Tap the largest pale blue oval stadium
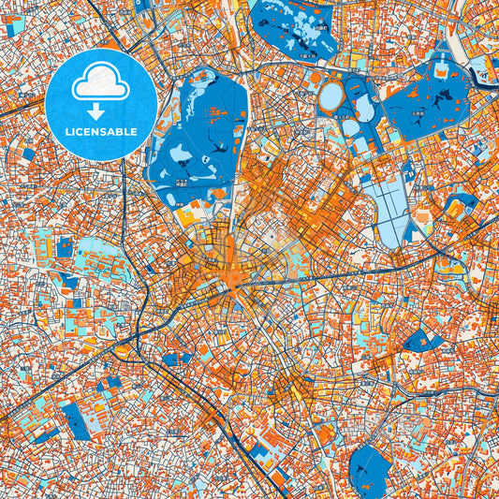[331, 95]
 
